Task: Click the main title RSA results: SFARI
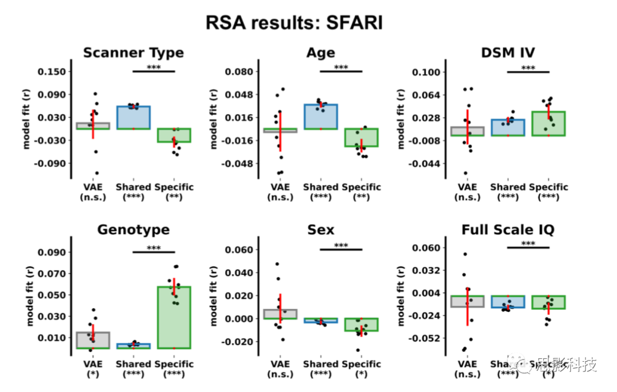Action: (x=294, y=23)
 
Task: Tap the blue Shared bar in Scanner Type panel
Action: (x=134, y=117)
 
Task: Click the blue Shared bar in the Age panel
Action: (x=321, y=117)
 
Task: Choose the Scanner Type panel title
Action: (x=134, y=53)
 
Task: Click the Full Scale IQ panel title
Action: (x=508, y=230)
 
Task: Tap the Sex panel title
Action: (x=320, y=230)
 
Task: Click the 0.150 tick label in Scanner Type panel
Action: (x=51, y=71)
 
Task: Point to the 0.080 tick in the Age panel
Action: (x=238, y=71)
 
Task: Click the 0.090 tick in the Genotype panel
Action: (x=51, y=252)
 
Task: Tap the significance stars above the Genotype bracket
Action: (x=154, y=248)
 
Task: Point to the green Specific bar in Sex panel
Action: (x=361, y=325)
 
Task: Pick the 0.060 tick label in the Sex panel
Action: (x=238, y=250)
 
